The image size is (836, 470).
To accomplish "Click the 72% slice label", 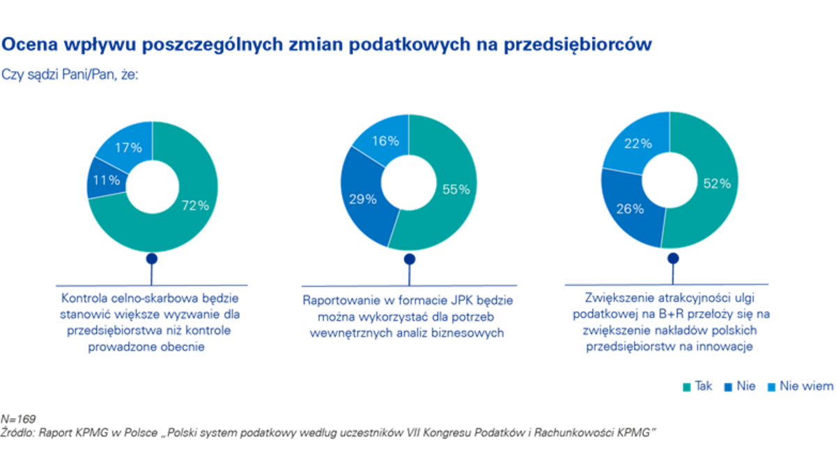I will point(196,205).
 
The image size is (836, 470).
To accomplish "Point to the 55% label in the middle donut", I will point(456,189).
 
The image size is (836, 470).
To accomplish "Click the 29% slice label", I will point(362,199).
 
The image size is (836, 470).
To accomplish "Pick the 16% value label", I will point(386,141).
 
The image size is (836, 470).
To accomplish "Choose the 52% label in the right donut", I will point(716,183).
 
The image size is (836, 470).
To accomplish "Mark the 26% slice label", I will point(629,208).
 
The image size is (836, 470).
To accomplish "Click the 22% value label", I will point(638,143).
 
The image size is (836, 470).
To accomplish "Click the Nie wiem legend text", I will point(806,387).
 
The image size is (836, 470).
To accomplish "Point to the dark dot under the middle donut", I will point(410,259).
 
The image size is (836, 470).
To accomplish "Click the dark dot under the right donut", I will point(673,259).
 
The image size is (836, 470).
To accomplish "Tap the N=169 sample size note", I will point(19,420).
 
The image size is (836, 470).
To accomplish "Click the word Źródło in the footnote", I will point(18,432).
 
